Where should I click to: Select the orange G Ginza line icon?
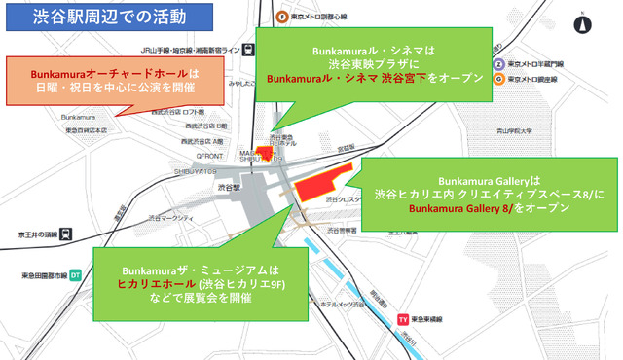[x=499, y=79]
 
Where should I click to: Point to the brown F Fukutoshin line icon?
[x=281, y=17]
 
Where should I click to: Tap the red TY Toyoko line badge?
[x=402, y=318]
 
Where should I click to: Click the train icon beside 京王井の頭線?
[x=64, y=234]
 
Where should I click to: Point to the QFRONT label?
[x=209, y=155]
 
